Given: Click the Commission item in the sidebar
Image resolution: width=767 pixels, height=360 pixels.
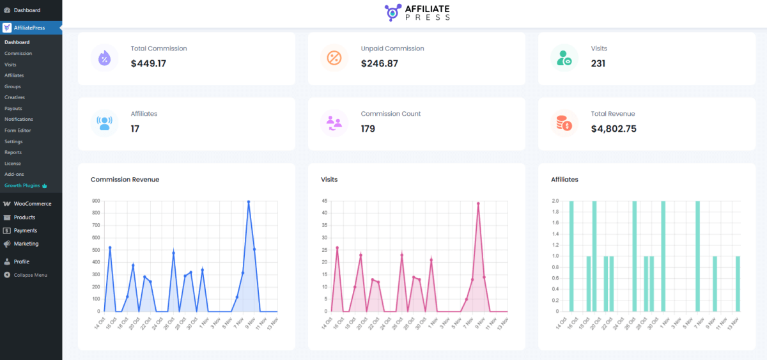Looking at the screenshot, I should point(18,53).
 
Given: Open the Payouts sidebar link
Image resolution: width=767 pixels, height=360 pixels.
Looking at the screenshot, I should point(13,108).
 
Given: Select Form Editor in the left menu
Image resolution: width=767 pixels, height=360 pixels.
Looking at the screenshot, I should point(17,130).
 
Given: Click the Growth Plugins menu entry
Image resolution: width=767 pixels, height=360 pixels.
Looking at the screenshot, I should point(22,185).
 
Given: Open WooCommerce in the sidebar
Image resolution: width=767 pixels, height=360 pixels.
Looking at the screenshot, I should point(32,204).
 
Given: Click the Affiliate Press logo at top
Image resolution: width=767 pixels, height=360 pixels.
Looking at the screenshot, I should point(417,13).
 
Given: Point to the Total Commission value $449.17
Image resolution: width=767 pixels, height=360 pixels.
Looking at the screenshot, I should point(148,63).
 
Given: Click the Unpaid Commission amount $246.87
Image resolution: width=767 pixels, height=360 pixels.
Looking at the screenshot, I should point(379,63).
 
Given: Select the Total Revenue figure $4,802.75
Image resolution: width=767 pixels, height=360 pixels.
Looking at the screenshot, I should point(614,129).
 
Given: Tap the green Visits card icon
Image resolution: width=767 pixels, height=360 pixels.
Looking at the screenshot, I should point(564,58).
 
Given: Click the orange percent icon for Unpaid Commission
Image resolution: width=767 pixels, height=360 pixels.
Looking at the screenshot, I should point(334,58).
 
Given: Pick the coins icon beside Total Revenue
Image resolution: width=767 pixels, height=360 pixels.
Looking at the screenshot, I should point(564,123).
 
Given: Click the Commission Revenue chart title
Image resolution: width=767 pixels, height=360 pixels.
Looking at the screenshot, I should point(125,180).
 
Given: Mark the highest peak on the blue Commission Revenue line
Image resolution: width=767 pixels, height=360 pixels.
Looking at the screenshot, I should point(249,202).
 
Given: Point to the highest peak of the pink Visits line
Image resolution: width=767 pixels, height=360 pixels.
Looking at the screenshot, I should point(478,204).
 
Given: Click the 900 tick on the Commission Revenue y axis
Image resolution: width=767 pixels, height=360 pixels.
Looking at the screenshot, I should point(96,201).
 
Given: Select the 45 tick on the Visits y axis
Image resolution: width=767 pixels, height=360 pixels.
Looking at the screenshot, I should point(325,201).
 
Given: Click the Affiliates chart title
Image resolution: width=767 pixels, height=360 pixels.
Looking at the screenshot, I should point(564,180).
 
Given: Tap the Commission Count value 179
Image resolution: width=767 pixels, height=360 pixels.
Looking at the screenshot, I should point(368,129).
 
